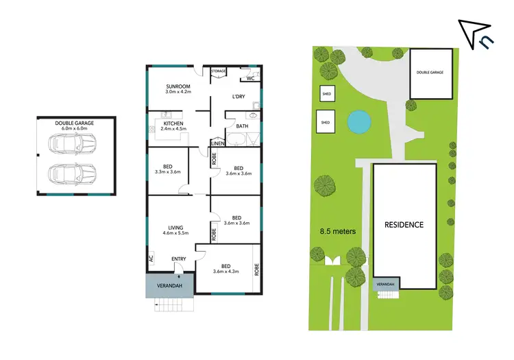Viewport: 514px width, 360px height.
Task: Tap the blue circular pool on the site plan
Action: pos(357,123)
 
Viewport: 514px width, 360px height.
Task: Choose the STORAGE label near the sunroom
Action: pos(219,71)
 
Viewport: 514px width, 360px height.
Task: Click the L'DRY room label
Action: pos(238,97)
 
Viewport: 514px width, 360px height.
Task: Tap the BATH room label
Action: pos(241,126)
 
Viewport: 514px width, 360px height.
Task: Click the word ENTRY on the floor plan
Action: pos(179,259)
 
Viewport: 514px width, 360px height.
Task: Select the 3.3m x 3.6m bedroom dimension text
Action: pos(168,172)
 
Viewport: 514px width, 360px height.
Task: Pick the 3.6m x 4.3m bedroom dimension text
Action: pos(226,272)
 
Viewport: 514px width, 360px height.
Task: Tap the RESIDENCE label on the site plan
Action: pos(404,225)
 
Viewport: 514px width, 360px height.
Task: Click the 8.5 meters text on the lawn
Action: pos(339,232)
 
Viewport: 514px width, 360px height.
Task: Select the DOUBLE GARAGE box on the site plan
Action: pos(431,73)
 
